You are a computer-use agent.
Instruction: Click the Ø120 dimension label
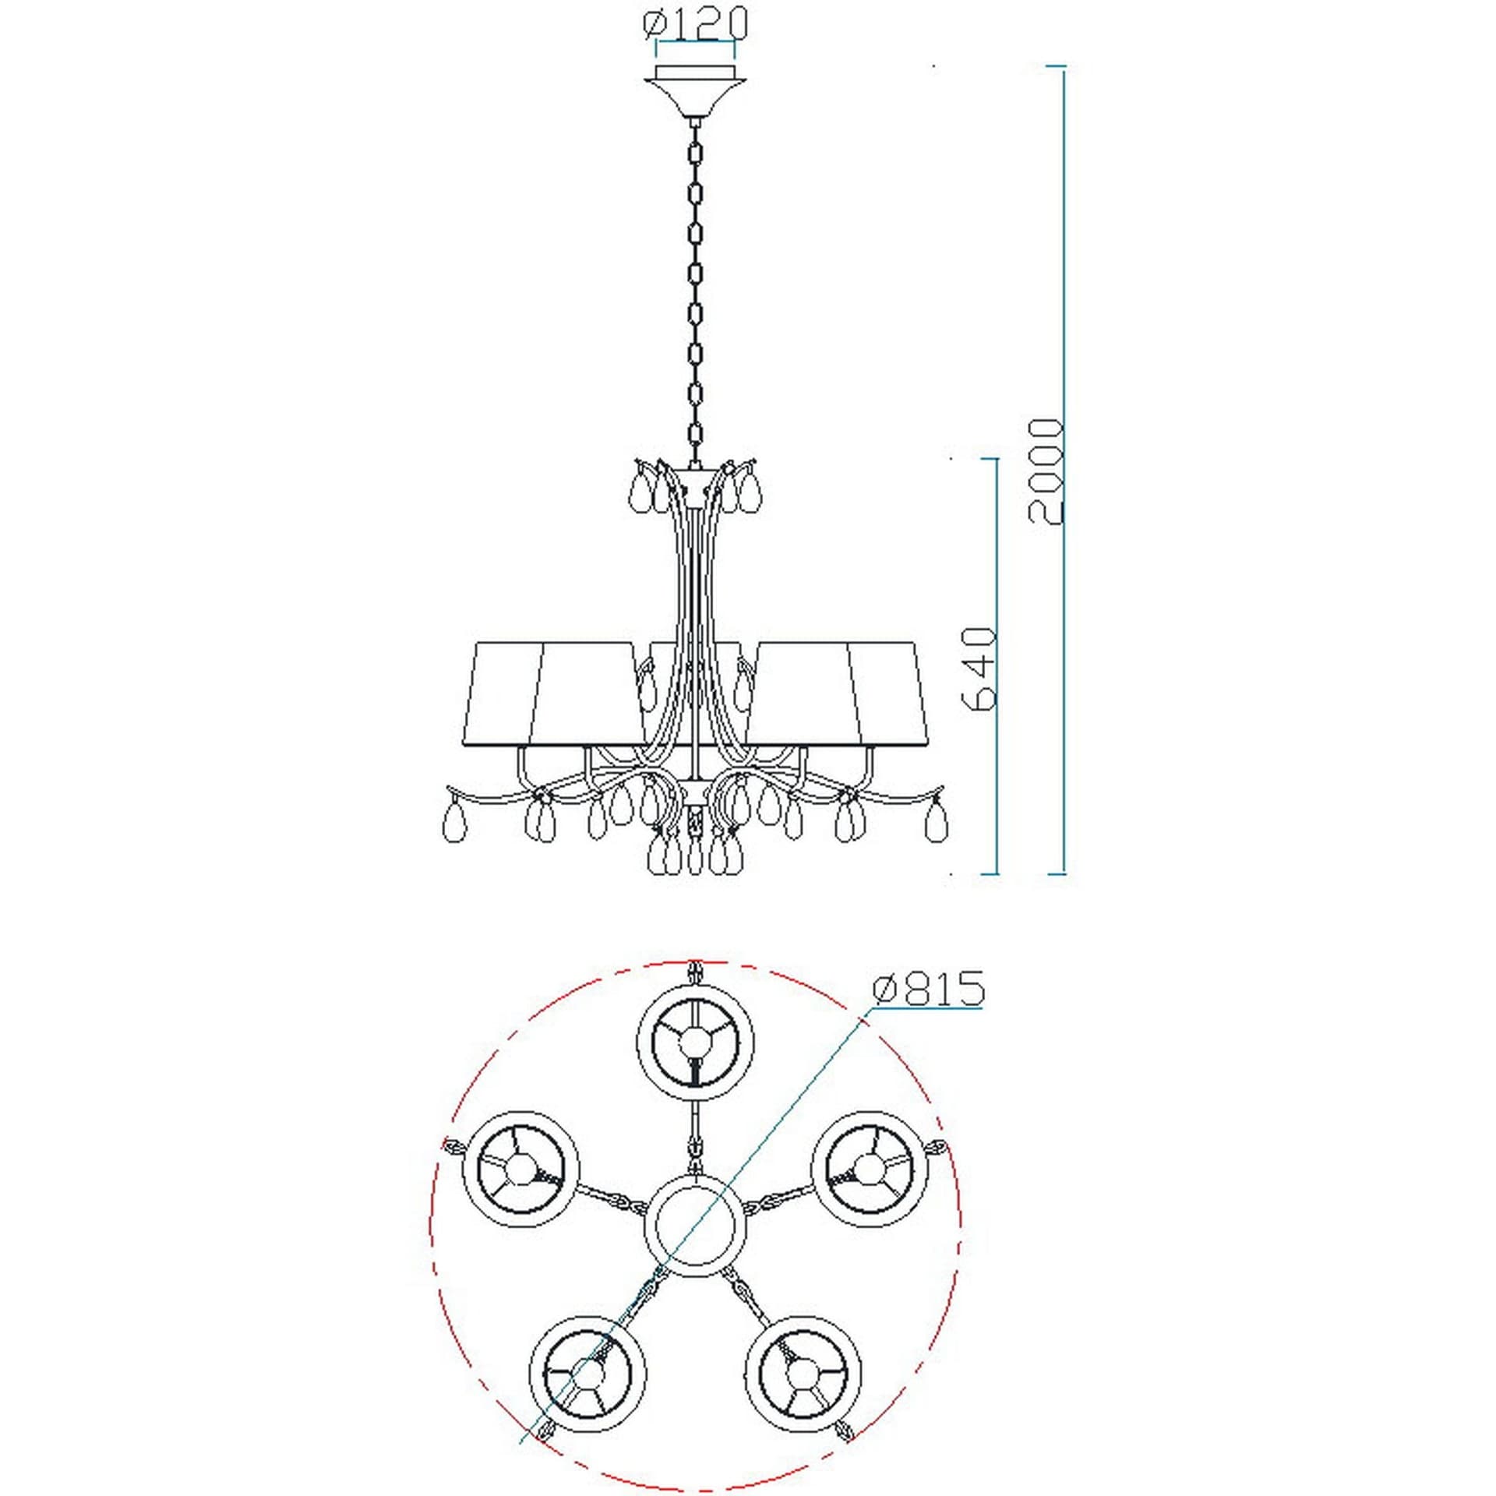coord(696,23)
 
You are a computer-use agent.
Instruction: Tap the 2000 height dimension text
coord(1045,471)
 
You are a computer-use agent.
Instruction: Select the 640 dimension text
coord(979,668)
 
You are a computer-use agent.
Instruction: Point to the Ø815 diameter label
coord(929,989)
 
